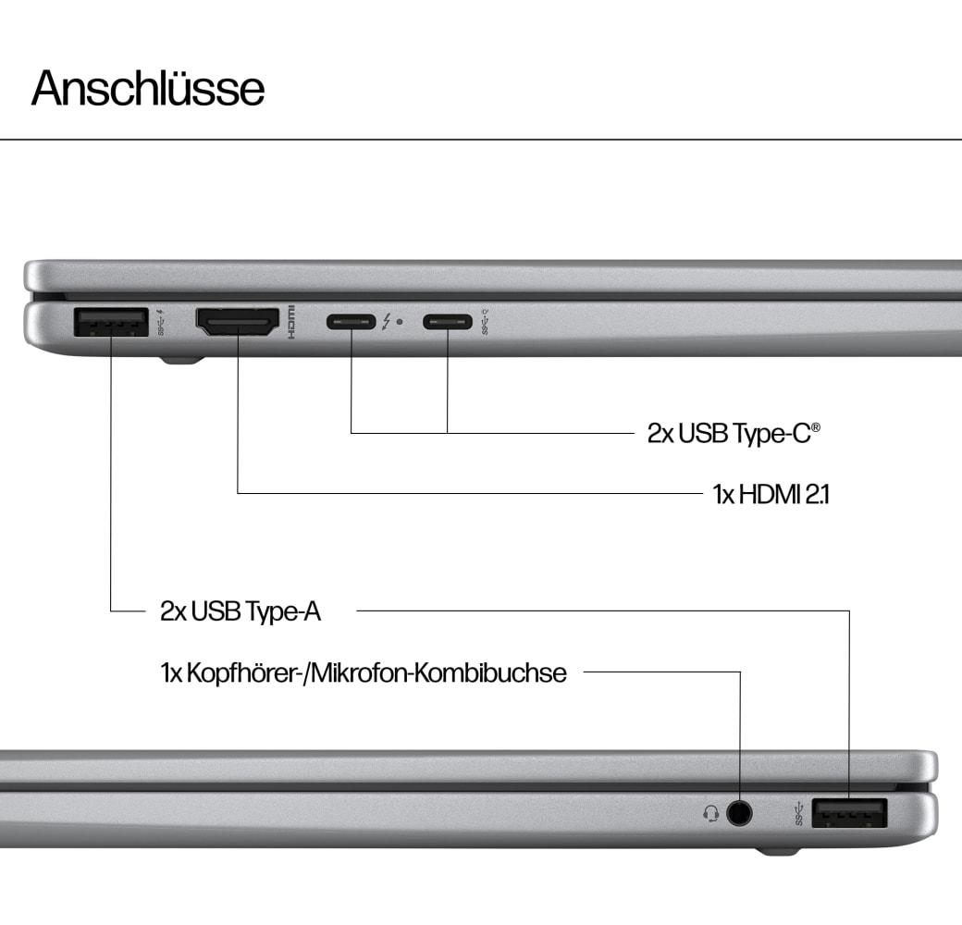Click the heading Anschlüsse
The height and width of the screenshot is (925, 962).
(148, 88)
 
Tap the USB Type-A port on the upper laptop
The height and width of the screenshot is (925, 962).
(111, 322)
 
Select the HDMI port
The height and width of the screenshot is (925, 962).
(238, 322)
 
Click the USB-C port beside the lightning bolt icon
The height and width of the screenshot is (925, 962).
(351, 321)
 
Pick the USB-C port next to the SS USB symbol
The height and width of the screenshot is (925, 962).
(448, 321)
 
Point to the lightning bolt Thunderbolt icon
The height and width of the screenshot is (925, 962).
(387, 321)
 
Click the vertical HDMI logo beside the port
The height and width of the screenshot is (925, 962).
(292, 322)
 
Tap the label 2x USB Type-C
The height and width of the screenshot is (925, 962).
(734, 433)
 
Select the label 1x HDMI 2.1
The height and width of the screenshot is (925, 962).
(771, 494)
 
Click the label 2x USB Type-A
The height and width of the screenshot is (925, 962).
(240, 610)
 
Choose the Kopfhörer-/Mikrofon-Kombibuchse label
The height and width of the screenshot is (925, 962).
(364, 672)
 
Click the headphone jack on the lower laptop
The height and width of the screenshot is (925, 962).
(739, 813)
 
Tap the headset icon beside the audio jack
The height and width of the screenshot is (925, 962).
(711, 814)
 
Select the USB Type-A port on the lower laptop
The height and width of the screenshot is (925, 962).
(850, 813)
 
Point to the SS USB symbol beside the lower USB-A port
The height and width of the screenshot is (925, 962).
(799, 813)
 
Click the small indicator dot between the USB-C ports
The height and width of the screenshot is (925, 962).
(400, 321)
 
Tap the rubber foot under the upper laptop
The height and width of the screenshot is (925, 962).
(181, 360)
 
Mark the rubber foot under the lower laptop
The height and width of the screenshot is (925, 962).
(777, 851)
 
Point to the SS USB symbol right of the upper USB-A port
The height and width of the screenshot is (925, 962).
(161, 322)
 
